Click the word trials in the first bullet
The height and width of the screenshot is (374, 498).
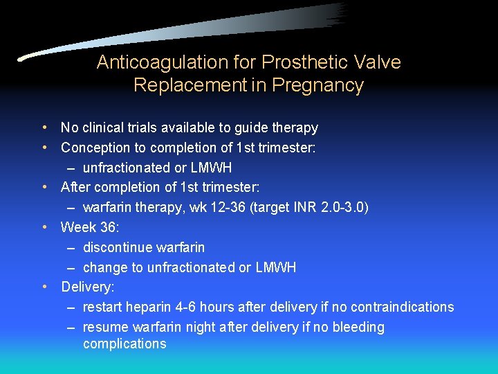tap(156, 127)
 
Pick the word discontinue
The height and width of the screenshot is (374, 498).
tap(117, 247)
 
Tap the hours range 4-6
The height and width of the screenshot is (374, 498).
tap(187, 307)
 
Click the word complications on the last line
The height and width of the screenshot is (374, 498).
tap(124, 344)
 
